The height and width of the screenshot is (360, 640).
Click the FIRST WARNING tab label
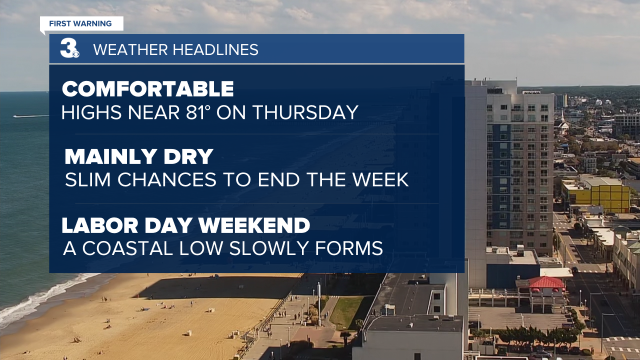click(80, 23)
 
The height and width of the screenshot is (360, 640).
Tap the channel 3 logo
click(69, 48)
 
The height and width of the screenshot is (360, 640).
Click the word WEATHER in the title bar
click(130, 49)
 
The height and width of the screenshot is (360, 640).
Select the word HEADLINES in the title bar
click(215, 49)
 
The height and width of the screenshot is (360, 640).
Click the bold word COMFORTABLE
click(148, 89)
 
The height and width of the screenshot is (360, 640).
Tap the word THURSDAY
click(305, 112)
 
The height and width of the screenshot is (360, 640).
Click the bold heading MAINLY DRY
click(139, 156)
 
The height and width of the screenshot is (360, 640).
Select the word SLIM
click(87, 179)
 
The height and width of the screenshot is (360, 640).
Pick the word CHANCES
click(167, 179)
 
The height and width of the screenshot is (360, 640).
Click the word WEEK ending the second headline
click(380, 179)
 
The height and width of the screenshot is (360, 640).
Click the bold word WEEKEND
click(254, 225)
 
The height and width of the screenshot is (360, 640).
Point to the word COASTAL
click(128, 248)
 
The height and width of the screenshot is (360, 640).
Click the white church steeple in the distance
click(562, 123)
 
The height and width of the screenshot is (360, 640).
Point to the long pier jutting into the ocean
click(31, 116)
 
